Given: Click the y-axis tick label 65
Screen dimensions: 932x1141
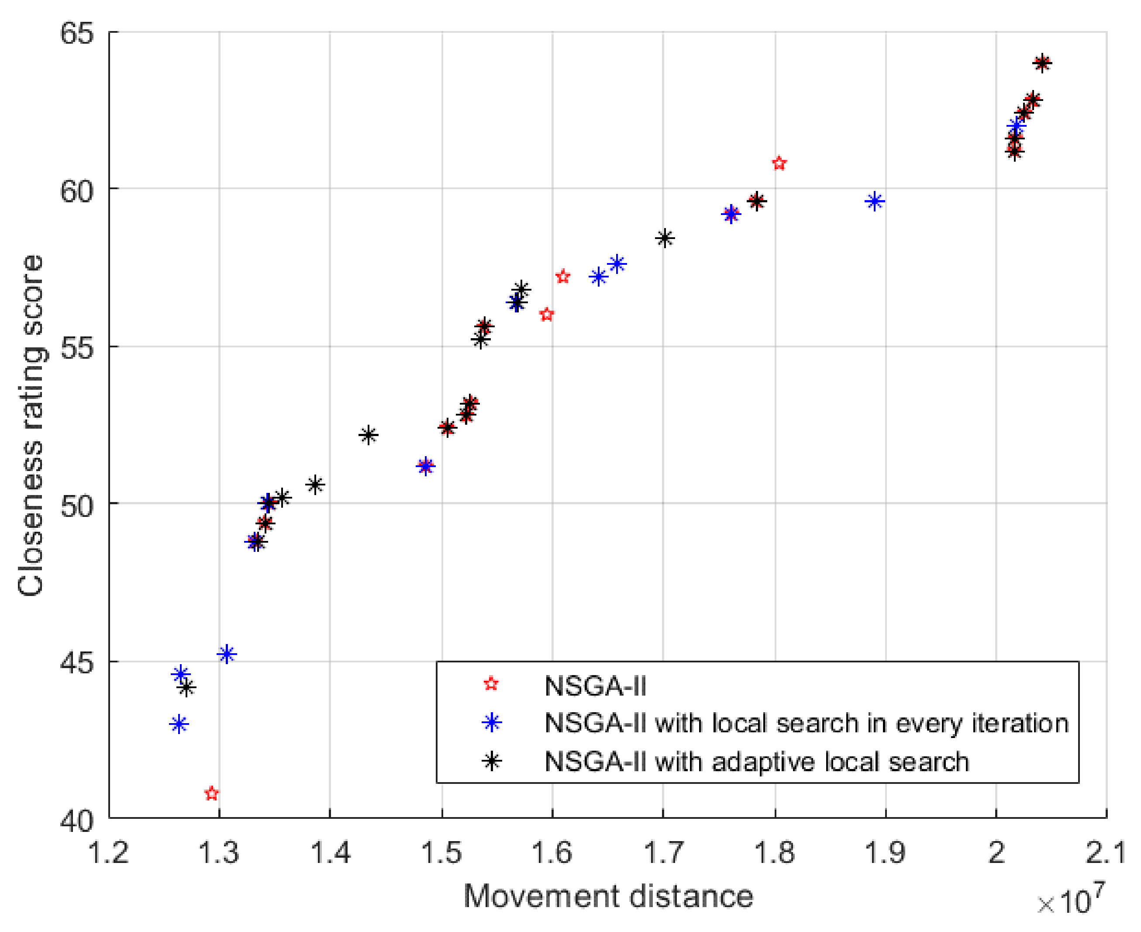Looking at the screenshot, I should click(77, 33).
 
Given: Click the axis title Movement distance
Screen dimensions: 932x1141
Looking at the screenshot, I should click(608, 896).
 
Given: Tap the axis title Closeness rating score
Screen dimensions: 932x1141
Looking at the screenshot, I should click(31, 425).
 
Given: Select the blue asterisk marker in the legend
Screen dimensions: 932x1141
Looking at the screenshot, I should click(491, 723).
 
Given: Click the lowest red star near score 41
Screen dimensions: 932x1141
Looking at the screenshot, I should click(212, 793).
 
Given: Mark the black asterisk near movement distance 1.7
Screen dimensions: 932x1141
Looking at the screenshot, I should click(665, 238).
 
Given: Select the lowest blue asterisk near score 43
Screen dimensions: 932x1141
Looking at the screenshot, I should click(179, 724).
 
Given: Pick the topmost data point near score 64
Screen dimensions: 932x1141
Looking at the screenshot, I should click(1042, 63).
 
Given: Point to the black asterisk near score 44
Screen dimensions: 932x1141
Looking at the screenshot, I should click(186, 688).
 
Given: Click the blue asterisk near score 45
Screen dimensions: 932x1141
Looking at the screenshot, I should click(227, 654).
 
